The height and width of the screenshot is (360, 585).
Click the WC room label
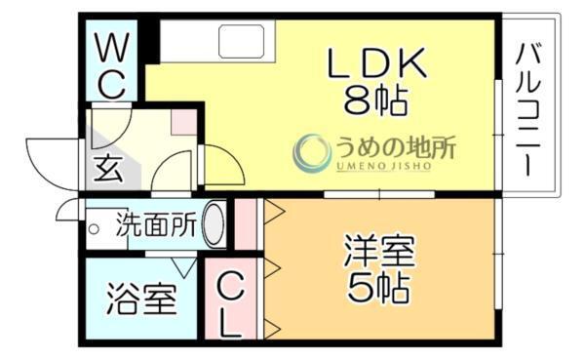pos(111,65)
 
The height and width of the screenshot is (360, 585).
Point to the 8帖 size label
pos(375,98)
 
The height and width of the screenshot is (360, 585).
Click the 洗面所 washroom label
pos(155,224)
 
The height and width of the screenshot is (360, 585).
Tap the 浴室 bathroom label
pos(141,299)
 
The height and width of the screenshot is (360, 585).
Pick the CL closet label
pos(230,303)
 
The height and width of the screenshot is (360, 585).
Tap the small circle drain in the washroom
pos(95,229)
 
